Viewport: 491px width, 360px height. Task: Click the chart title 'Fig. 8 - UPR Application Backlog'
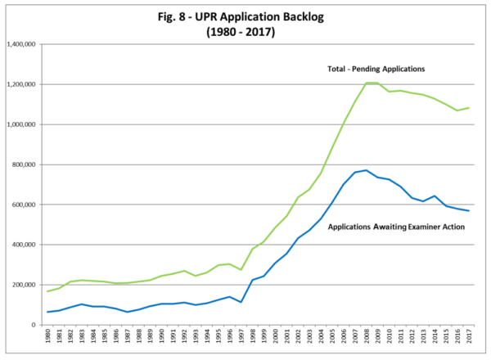245,16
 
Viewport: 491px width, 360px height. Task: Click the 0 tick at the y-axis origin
30,325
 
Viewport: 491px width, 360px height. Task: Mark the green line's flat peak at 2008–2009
372,83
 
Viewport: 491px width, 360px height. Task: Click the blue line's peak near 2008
366,170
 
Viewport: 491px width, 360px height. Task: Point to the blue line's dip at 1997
241,302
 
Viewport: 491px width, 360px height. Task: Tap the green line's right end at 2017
468,108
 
